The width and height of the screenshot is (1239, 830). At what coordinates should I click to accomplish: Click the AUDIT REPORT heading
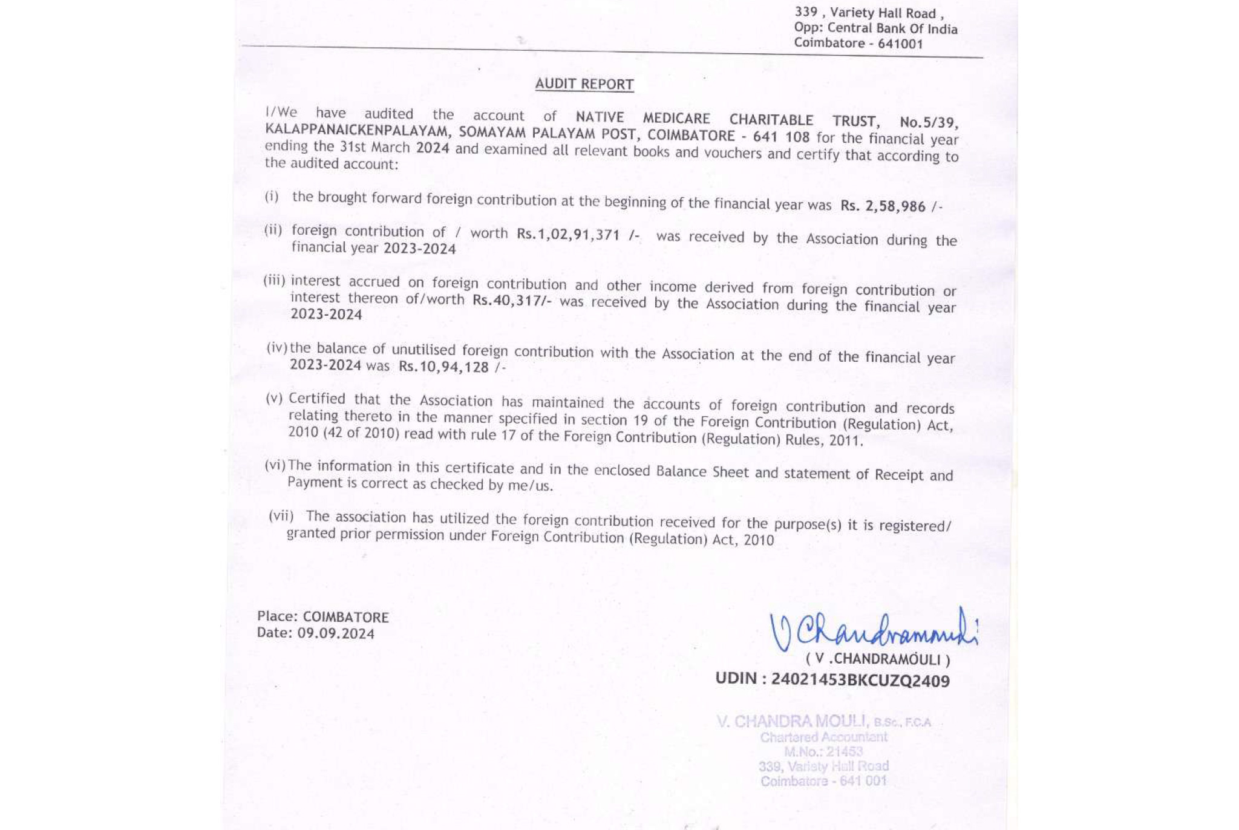[x=584, y=84]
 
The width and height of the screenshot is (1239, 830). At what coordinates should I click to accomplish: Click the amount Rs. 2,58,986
[x=883, y=206]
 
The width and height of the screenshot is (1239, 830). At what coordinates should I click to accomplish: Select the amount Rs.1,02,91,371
[x=568, y=234]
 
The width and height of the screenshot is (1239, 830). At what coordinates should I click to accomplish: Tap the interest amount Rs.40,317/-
[x=511, y=300]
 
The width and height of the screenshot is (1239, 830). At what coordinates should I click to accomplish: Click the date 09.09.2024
[x=336, y=633]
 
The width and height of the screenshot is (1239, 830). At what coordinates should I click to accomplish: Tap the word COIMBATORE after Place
[x=345, y=617]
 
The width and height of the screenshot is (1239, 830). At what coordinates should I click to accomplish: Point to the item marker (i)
[x=272, y=197]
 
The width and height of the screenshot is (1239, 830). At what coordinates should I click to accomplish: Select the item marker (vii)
[x=281, y=516]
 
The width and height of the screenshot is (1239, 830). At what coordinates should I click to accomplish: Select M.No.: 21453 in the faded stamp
[x=823, y=752]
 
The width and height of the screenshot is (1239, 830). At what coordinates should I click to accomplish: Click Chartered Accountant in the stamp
[x=823, y=737]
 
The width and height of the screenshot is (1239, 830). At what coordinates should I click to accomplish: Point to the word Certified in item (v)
[x=317, y=399]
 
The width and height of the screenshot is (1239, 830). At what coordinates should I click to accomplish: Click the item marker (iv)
[x=276, y=348]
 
